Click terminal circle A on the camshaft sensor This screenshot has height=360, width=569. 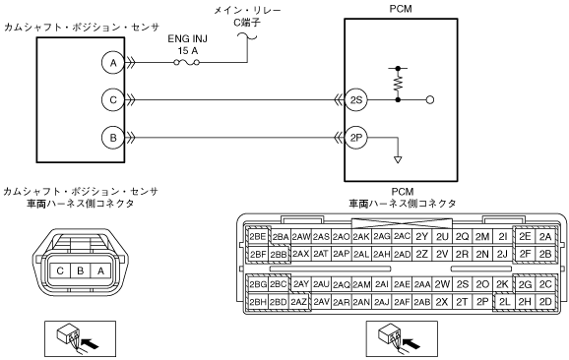pyautogui.click(x=113, y=63)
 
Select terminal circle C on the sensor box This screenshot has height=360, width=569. pyautogui.click(x=113, y=99)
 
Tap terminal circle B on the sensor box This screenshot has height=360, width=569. pyautogui.click(x=113, y=138)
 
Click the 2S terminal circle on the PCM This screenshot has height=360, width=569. pyautogui.click(x=356, y=99)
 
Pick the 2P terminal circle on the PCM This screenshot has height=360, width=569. pyautogui.click(x=356, y=138)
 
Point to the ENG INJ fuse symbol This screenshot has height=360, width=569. pyautogui.click(x=187, y=63)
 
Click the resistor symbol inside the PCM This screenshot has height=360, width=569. pyautogui.click(x=398, y=84)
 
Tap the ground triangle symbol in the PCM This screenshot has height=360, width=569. pyautogui.click(x=398, y=159)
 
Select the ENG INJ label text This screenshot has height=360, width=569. pyautogui.click(x=188, y=38)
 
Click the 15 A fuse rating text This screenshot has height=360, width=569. pyautogui.click(x=188, y=51)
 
